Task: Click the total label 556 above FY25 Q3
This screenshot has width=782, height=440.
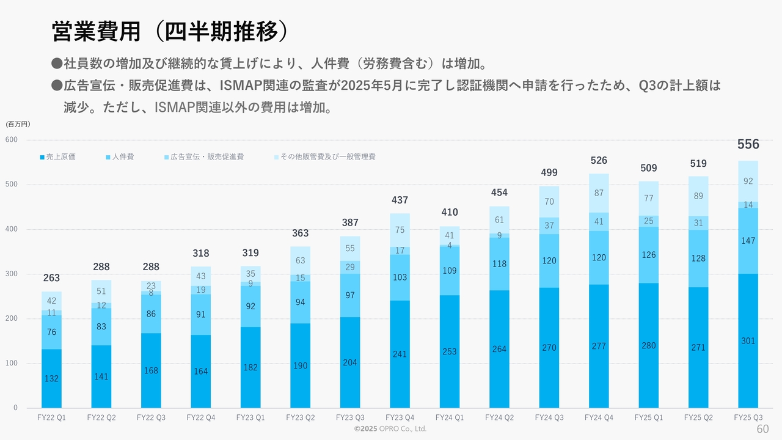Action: pyautogui.click(x=748, y=145)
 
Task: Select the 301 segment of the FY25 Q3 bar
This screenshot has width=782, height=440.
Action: pyautogui.click(x=748, y=341)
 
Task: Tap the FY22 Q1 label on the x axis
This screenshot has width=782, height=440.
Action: pyautogui.click(x=51, y=417)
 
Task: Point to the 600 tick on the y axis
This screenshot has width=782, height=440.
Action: pyautogui.click(x=12, y=140)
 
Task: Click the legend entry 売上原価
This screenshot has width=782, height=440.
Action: pyautogui.click(x=58, y=157)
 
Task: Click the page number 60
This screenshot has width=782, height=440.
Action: pyautogui.click(x=762, y=429)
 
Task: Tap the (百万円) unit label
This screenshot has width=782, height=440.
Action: pyautogui.click(x=18, y=124)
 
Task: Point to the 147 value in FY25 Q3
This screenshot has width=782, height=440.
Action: pyautogui.click(x=748, y=241)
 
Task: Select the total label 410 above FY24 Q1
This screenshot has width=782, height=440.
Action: pyautogui.click(x=449, y=213)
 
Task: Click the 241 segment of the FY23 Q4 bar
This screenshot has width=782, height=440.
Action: pyautogui.click(x=400, y=354)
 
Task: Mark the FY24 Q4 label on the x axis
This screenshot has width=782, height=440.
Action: pyautogui.click(x=599, y=417)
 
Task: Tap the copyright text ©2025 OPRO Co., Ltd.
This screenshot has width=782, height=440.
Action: pyautogui.click(x=390, y=429)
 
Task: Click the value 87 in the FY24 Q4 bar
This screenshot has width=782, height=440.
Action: pyautogui.click(x=599, y=193)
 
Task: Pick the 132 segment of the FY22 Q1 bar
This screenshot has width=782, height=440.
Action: pyautogui.click(x=51, y=379)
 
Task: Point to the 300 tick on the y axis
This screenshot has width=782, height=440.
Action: pyautogui.click(x=12, y=274)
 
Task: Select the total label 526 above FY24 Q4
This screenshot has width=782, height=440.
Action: pyautogui.click(x=599, y=161)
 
